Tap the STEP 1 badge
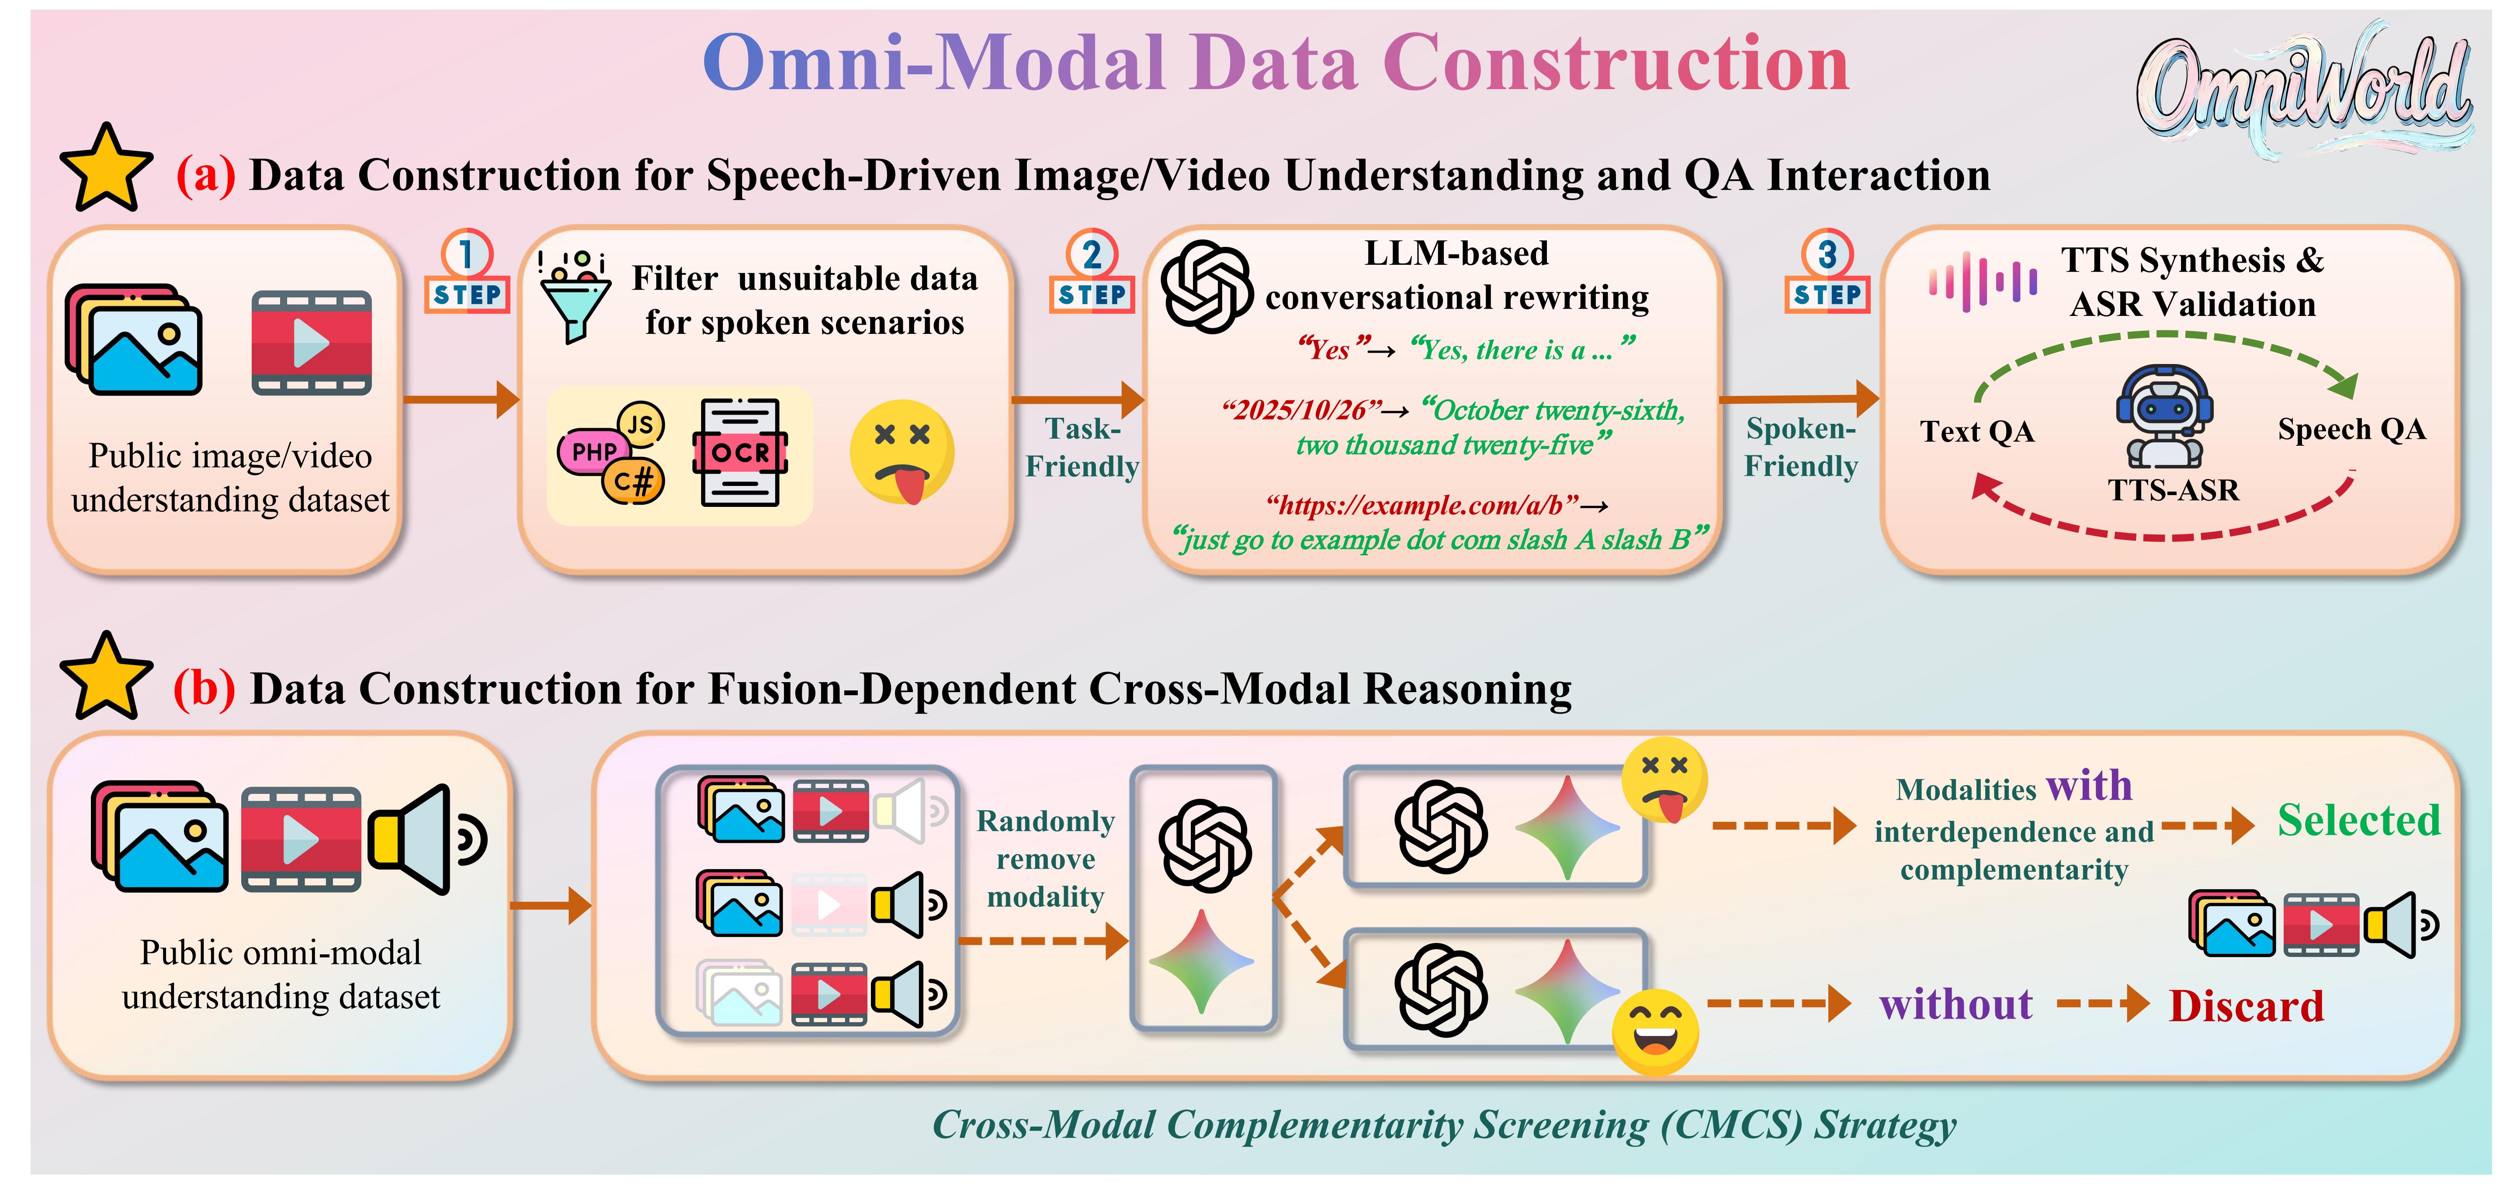(467, 274)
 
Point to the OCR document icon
(740, 452)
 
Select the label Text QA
(1976, 431)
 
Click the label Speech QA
(2351, 429)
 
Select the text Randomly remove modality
(1046, 859)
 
